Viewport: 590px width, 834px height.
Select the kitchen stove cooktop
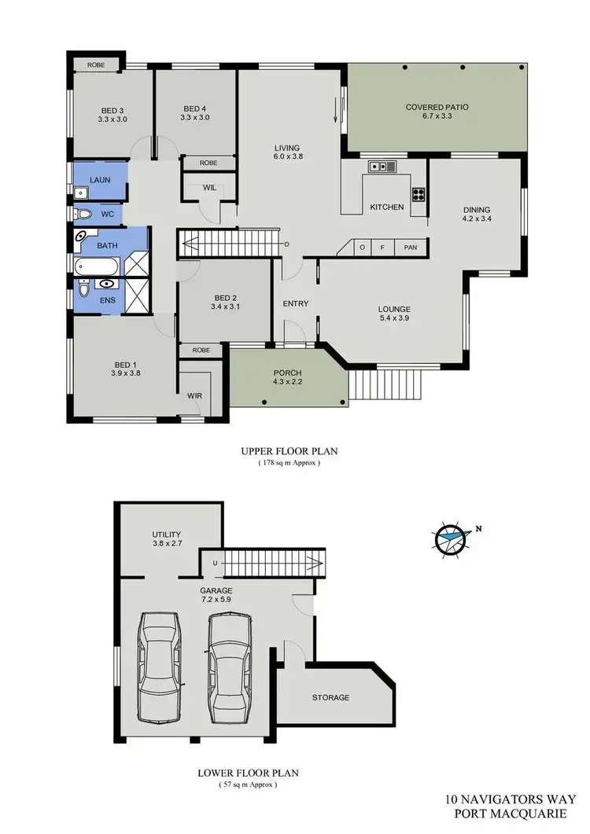(x=418, y=194)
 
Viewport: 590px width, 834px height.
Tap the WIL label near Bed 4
(x=209, y=188)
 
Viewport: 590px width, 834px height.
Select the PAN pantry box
(x=411, y=248)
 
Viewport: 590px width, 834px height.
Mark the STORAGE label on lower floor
(x=330, y=697)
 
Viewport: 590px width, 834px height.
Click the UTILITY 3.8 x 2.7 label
(x=167, y=538)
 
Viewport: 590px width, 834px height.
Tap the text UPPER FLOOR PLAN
(x=289, y=452)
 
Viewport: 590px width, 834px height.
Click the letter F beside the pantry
(x=382, y=248)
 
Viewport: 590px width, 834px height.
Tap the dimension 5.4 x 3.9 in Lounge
(x=394, y=320)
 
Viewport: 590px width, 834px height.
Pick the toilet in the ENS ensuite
(x=83, y=291)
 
